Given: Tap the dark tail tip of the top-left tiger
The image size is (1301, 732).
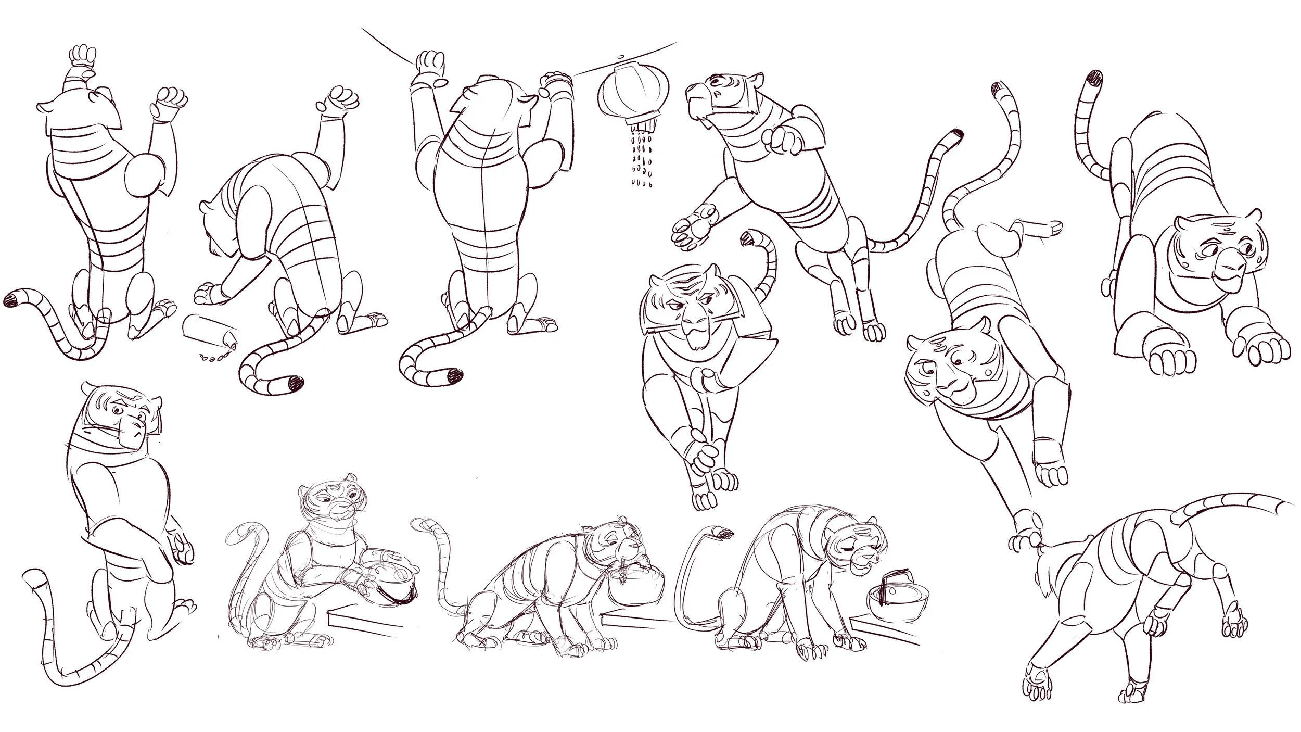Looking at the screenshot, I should [x=11, y=299].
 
